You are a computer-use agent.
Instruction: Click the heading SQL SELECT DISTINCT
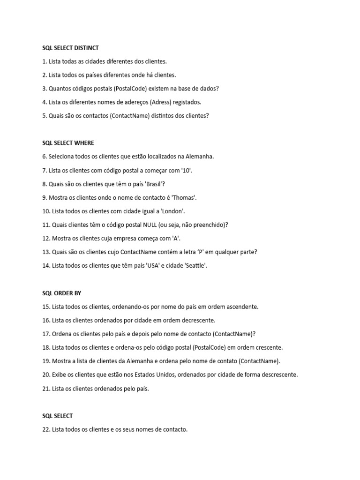pyautogui.click(x=70, y=48)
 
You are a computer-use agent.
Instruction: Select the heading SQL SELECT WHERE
pyautogui.click(x=68, y=143)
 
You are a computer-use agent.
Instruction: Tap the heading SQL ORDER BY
pyautogui.click(x=61, y=293)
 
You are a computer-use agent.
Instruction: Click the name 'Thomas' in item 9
pyautogui.click(x=180, y=197)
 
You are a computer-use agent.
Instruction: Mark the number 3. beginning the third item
pyautogui.click(x=45, y=89)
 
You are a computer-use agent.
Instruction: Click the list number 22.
pyautogui.click(x=46, y=429)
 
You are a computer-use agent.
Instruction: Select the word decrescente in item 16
pyautogui.click(x=198, y=321)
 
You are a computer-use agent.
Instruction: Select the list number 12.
pyautogui.click(x=46, y=238)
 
